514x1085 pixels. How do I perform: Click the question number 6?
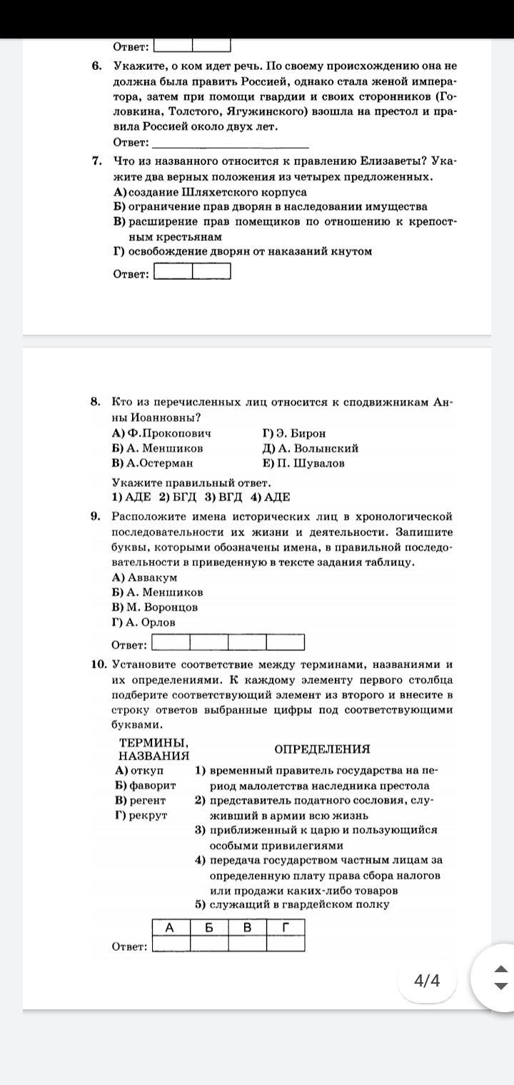[96, 66]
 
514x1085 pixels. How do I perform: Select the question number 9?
[96, 516]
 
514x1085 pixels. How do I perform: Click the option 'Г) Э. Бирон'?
[293, 433]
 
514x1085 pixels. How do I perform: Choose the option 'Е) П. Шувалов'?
[303, 463]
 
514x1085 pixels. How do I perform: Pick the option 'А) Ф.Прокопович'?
[161, 433]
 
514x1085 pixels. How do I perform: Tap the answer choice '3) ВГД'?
[223, 498]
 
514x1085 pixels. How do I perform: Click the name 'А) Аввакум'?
[144, 577]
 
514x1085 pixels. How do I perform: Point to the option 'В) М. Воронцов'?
[155, 607]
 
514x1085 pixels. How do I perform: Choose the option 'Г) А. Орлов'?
[143, 622]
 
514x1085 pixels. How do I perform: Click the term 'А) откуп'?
[139, 770]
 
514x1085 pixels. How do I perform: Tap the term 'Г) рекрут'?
[141, 815]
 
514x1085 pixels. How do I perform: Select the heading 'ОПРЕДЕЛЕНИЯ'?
[322, 749]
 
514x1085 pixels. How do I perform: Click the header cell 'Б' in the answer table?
[209, 927]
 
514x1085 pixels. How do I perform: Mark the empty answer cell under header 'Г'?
[286, 944]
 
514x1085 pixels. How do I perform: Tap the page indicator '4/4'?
[427, 980]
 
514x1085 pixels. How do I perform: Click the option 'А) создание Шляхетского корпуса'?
[210, 192]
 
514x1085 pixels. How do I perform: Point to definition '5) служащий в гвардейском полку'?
[292, 904]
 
